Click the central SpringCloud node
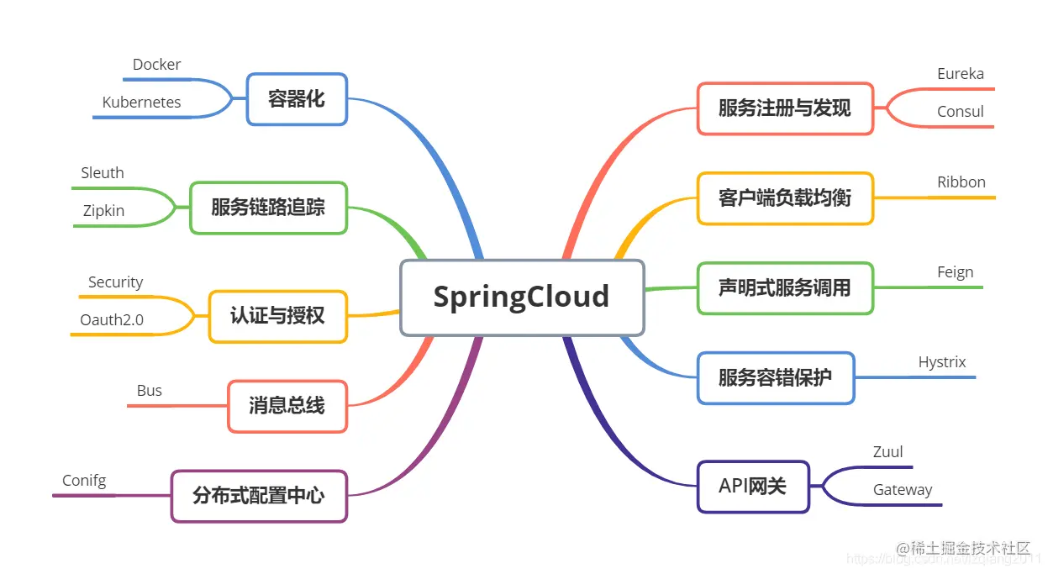[522, 297]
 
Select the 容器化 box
[297, 99]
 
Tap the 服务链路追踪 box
[268, 207]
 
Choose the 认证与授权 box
[277, 316]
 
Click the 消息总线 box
[287, 406]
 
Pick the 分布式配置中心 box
[259, 496]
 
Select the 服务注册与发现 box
[785, 108]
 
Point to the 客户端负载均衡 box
[785, 198]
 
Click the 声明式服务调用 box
[785, 288]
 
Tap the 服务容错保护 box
[776, 377]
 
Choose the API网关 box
[753, 486]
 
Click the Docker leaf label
[157, 65]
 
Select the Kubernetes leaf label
[142, 103]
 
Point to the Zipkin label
[103, 211]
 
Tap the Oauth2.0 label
[112, 320]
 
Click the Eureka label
[961, 74]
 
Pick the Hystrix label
[942, 362]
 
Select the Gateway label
[903, 490]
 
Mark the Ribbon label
[961, 182]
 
